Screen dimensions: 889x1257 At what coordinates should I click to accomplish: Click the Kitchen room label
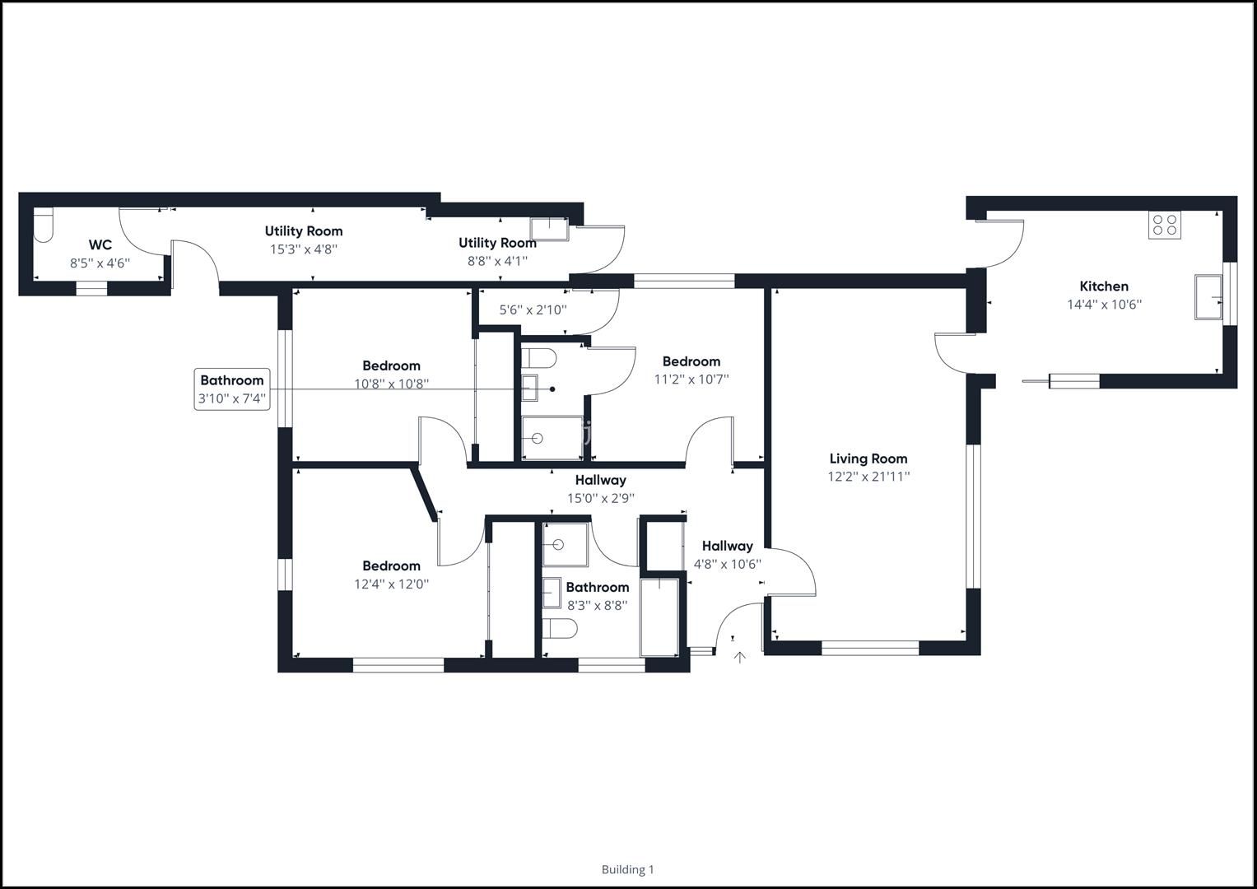(x=1103, y=286)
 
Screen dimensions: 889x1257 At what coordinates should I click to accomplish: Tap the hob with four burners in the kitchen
(x=1164, y=225)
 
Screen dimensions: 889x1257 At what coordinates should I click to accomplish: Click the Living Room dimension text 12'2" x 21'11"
(x=868, y=477)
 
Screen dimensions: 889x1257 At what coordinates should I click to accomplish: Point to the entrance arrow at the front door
(x=739, y=657)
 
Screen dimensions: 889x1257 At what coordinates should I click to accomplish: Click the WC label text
(x=100, y=245)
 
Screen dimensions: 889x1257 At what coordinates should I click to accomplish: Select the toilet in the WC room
(x=43, y=226)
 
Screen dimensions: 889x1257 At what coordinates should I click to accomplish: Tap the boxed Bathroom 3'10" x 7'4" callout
(x=232, y=389)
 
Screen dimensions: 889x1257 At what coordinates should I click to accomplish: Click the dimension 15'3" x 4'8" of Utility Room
(x=304, y=249)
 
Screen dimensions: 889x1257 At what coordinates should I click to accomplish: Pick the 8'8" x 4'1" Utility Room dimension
(x=497, y=261)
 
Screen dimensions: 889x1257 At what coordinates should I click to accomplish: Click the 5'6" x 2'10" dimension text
(x=533, y=310)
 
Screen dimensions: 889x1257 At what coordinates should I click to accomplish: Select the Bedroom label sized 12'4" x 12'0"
(x=391, y=566)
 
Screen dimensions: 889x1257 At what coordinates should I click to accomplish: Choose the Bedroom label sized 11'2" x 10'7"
(x=691, y=361)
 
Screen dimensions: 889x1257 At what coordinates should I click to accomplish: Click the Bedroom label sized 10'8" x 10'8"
(x=391, y=365)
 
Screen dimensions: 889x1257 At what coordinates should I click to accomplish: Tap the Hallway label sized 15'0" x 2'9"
(x=600, y=480)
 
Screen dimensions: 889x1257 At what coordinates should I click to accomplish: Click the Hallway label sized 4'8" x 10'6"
(x=727, y=546)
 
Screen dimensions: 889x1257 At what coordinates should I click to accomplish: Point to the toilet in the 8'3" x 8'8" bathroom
(x=559, y=628)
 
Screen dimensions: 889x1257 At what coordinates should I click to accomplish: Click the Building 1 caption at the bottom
(x=627, y=869)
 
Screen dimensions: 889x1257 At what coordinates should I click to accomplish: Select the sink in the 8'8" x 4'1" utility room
(x=548, y=229)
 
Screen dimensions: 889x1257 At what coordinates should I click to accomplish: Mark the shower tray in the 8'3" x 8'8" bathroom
(x=565, y=544)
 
